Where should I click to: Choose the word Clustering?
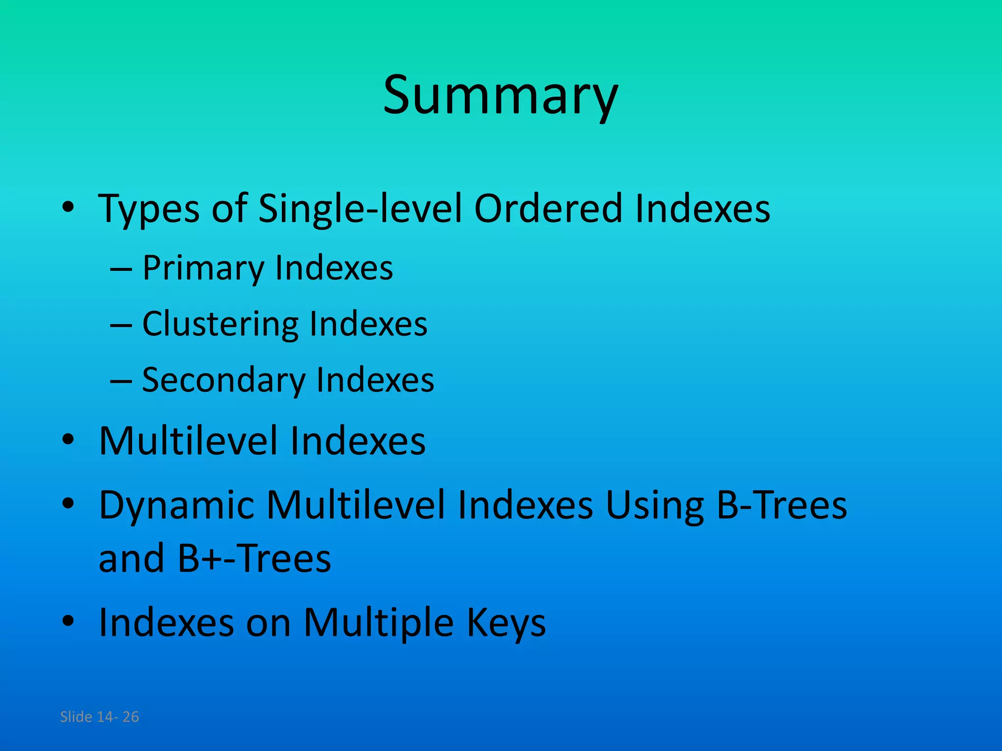coord(220,325)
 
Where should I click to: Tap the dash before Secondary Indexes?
coord(121,381)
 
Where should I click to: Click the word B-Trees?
coord(781,505)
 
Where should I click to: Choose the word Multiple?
coord(379,623)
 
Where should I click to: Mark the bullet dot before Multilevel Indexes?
coord(68,439)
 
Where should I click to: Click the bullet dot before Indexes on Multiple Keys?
coord(68,620)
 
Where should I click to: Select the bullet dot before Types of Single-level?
coord(68,207)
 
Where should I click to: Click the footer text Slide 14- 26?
coord(99,717)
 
